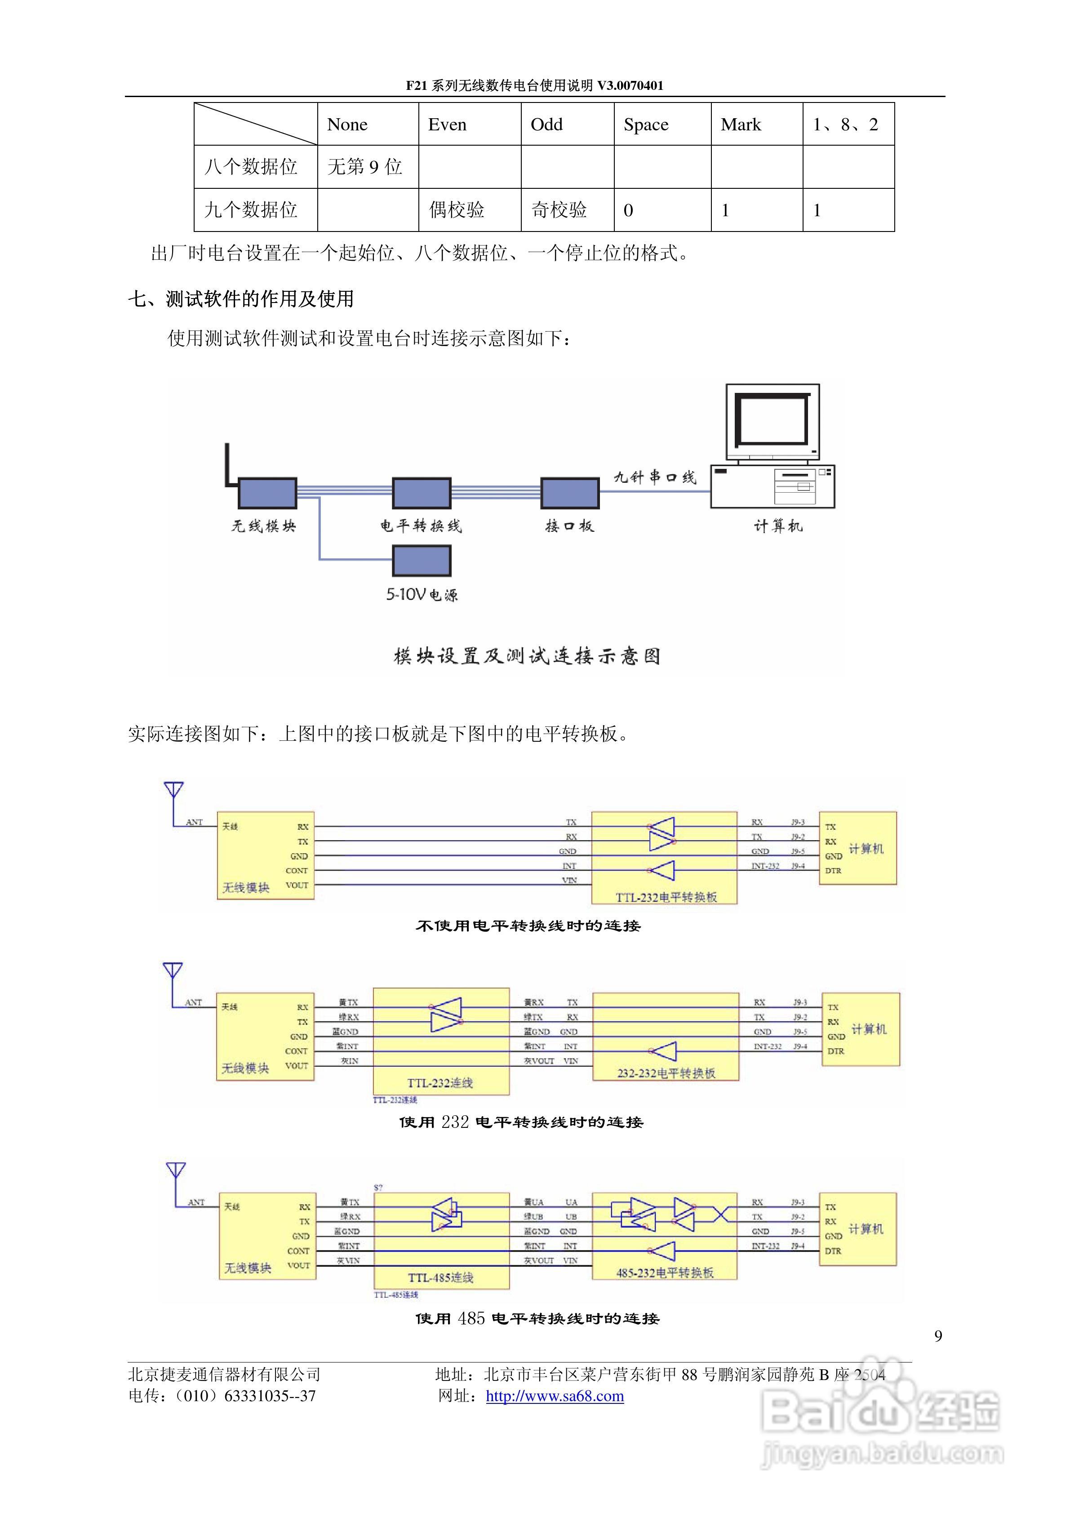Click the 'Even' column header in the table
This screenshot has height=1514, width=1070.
pos(447,125)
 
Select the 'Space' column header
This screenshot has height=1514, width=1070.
pos(645,125)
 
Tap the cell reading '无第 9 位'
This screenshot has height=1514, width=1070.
pos(364,167)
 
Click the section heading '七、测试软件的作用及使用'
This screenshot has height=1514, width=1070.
pos(240,299)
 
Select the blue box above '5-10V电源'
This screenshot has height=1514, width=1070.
pos(421,561)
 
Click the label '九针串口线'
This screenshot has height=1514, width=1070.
pos(655,477)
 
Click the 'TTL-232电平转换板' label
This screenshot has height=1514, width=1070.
pos(666,897)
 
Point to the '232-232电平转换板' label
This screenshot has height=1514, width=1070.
pos(666,1073)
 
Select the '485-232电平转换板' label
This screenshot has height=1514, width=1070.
pos(665,1273)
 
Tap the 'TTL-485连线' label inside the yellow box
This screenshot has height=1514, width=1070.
pos(440,1277)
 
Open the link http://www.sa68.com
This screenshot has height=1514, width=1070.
pos(555,1396)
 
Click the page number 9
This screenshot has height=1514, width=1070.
pos(938,1336)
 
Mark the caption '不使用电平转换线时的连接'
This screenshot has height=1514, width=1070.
pos(528,926)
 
